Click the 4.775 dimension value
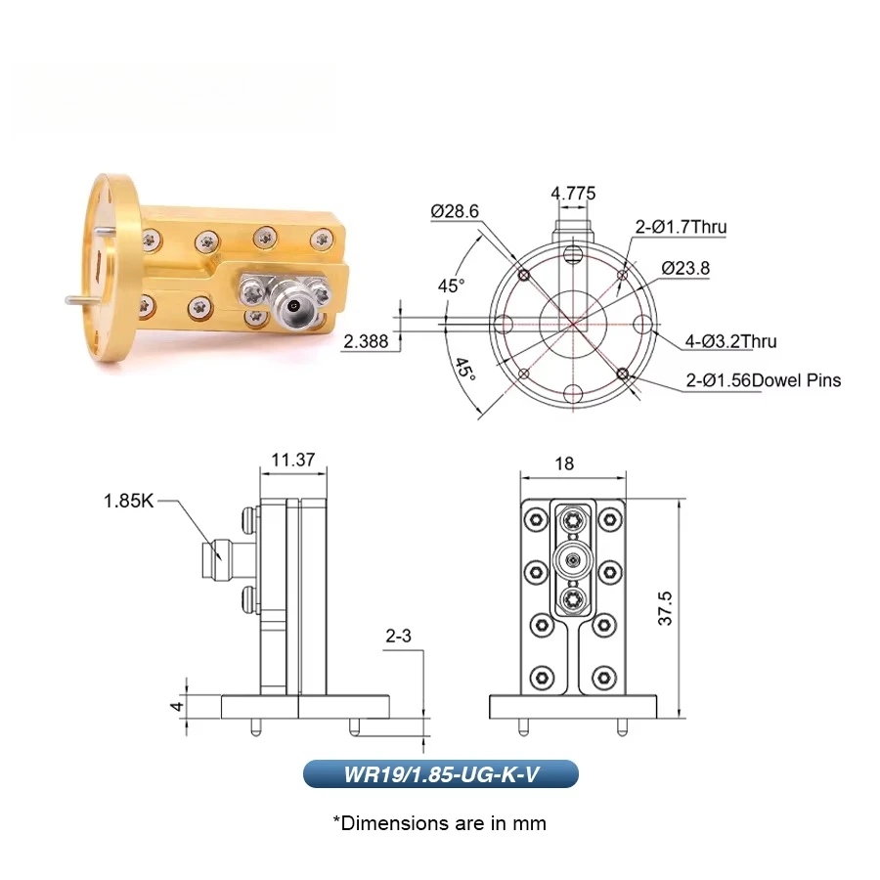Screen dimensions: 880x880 pyautogui.click(x=573, y=194)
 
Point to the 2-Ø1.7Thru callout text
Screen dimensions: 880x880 pyautogui.click(x=681, y=227)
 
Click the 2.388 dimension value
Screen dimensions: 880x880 pyautogui.click(x=366, y=341)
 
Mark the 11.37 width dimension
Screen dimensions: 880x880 pyautogui.click(x=292, y=460)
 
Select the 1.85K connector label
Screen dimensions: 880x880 pyautogui.click(x=129, y=502)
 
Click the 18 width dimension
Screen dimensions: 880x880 pyautogui.click(x=564, y=463)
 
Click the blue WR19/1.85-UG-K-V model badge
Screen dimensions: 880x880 pyautogui.click(x=440, y=773)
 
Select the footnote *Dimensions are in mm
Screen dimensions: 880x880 pyautogui.click(x=440, y=822)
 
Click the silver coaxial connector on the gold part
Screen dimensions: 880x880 pyautogui.click(x=291, y=306)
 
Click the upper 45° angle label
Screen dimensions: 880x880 pyautogui.click(x=451, y=286)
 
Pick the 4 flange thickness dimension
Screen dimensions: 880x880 pyautogui.click(x=177, y=705)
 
